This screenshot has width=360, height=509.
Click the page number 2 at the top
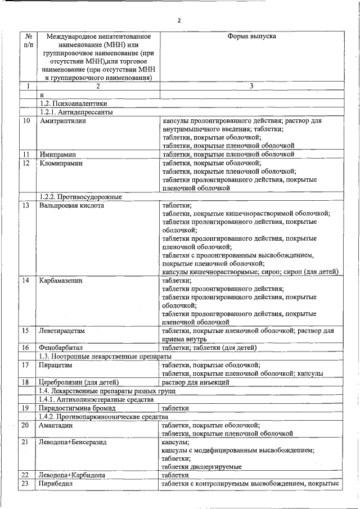[x=179, y=21]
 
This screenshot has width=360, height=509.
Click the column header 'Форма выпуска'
[x=251, y=36]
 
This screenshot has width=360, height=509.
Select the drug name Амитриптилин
[x=62, y=121]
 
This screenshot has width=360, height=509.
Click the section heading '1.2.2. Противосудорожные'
[x=81, y=197]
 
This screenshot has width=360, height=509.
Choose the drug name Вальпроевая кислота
[x=71, y=205]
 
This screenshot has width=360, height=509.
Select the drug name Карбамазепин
[x=61, y=280]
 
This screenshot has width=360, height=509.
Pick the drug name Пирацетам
[x=56, y=365]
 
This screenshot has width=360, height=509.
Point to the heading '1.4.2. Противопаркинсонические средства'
[x=103, y=416]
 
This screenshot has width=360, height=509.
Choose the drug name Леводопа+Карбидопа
[x=71, y=475]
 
